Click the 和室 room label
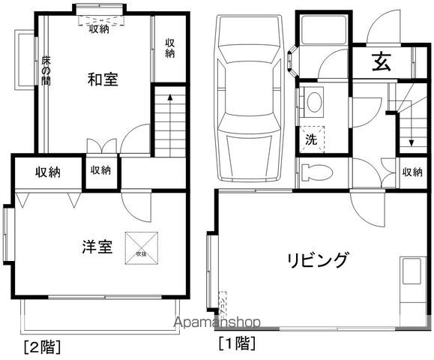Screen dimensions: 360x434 click(x=102, y=79)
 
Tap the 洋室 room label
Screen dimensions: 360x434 click(x=97, y=246)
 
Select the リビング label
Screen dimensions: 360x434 click(x=318, y=260)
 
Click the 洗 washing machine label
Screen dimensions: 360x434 click(x=310, y=139)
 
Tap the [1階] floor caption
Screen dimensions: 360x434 click(x=236, y=344)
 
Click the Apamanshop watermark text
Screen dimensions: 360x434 click(x=217, y=322)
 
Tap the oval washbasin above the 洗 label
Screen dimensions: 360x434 click(x=313, y=103)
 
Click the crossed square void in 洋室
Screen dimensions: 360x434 click(x=142, y=245)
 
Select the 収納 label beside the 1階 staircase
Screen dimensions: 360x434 click(x=412, y=172)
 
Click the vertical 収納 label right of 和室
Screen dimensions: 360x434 click(x=171, y=49)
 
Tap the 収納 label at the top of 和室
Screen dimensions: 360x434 click(x=99, y=29)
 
